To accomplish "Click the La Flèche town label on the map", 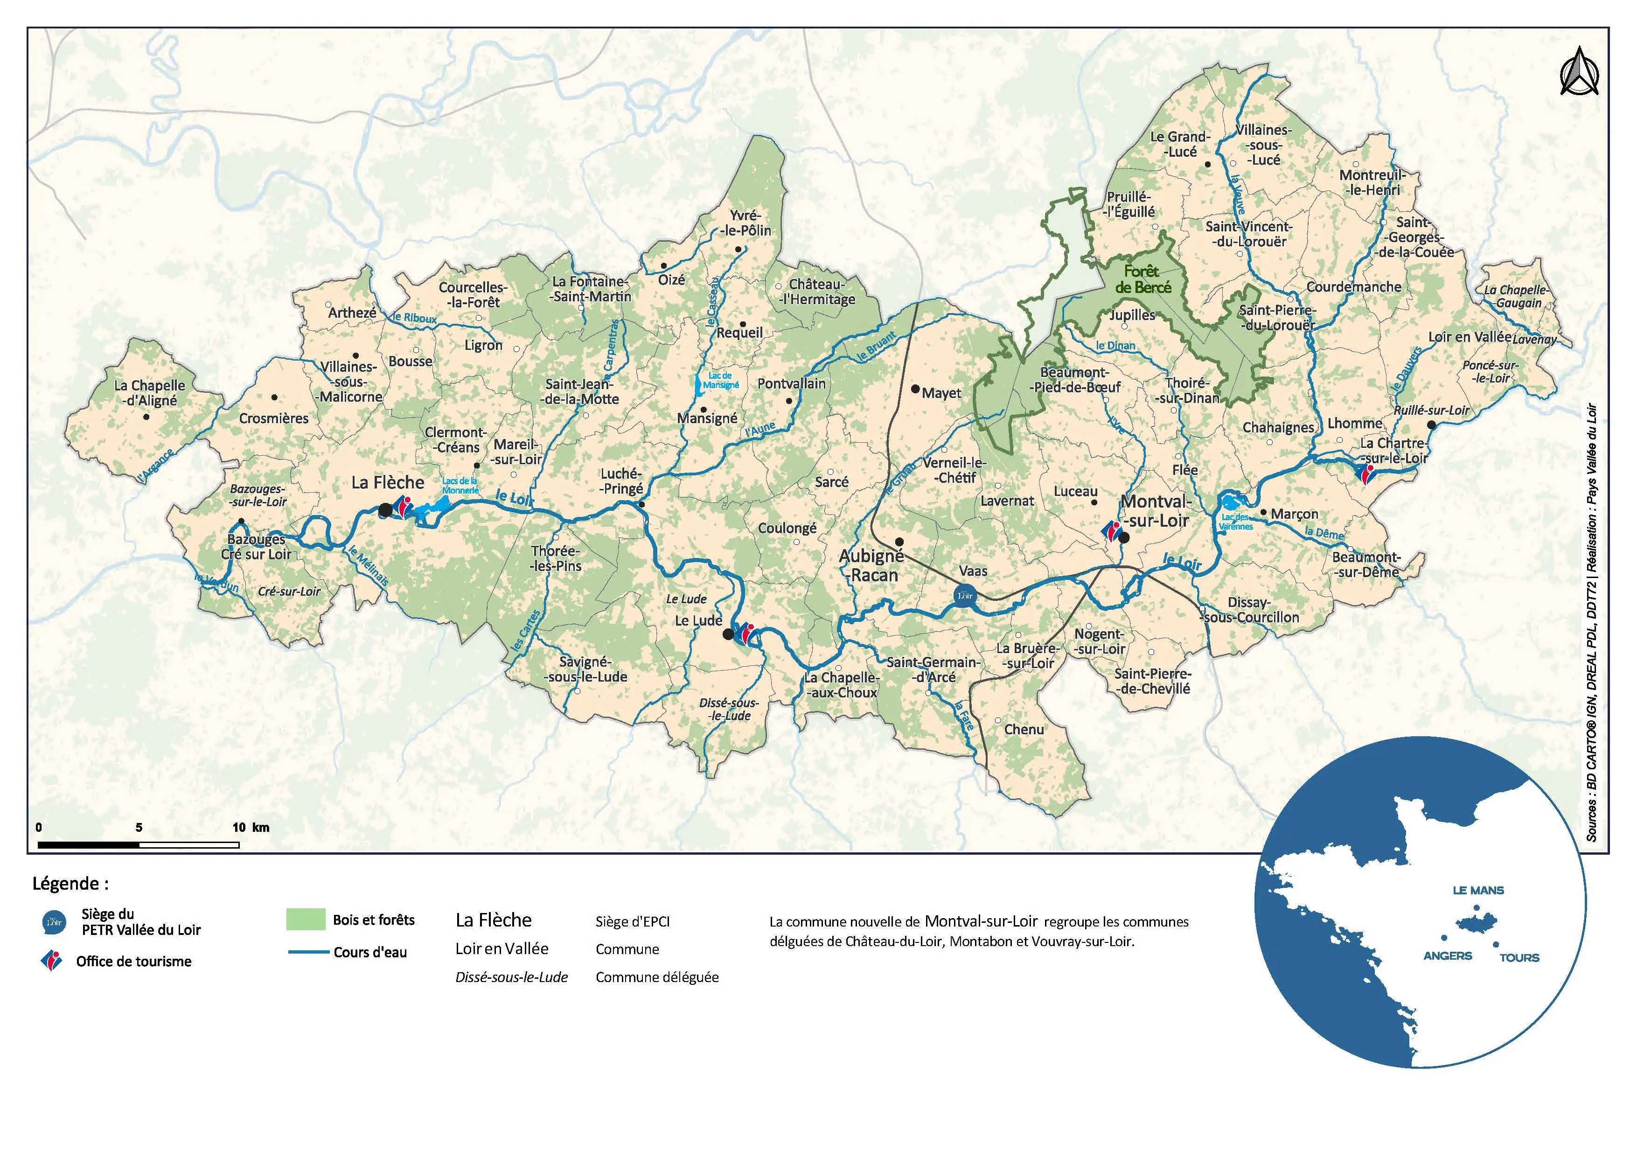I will pos(387,482).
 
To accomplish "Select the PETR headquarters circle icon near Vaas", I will pos(964,594).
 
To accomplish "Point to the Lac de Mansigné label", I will pos(720,380).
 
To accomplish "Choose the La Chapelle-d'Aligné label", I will pos(150,393).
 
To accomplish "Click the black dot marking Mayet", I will pos(915,389).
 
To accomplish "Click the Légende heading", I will pos(70,884).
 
